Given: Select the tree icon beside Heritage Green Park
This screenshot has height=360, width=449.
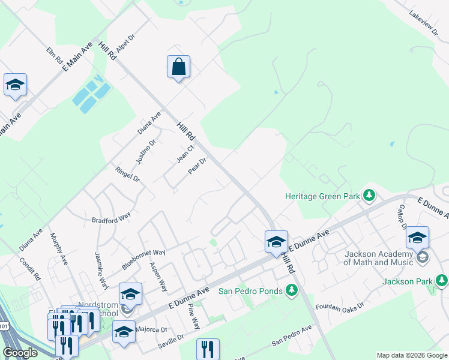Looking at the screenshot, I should click(x=369, y=196).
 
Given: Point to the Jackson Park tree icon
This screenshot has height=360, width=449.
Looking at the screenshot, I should click(x=441, y=280).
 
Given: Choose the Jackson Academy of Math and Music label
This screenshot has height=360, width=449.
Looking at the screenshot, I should click(x=379, y=257).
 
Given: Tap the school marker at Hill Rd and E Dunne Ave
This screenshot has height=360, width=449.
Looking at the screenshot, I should click(x=276, y=242).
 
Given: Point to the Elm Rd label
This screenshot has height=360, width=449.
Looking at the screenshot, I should click(x=55, y=56).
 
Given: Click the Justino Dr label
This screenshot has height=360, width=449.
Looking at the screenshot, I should click(x=146, y=151).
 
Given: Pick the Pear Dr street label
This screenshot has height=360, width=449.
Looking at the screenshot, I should click(x=197, y=166).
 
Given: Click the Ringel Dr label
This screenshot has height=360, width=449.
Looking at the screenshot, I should click(x=127, y=175).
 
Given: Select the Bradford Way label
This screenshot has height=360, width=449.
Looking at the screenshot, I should click(x=111, y=216).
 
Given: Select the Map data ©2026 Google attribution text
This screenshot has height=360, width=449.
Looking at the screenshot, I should click(x=411, y=355).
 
